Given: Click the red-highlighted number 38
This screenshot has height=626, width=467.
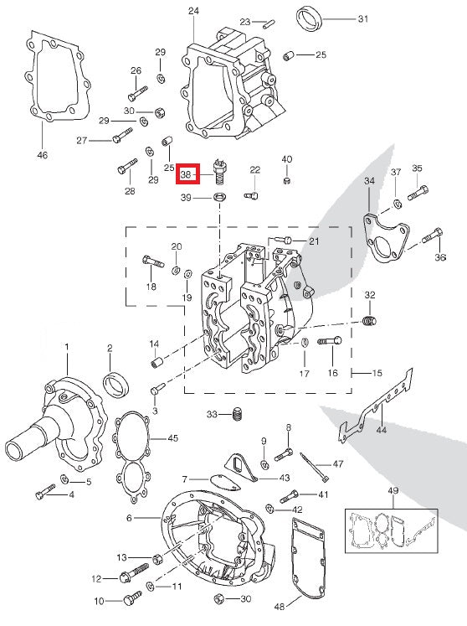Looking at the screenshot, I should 187,175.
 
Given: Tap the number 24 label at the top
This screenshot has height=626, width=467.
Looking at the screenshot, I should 193,11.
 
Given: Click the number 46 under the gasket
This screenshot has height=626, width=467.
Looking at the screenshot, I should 43,155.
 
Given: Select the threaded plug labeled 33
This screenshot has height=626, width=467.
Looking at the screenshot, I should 239,414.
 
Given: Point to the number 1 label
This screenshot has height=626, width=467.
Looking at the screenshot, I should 67,346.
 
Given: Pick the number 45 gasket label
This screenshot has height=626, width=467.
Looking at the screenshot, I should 173,437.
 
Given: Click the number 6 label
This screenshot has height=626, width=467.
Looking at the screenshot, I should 130,518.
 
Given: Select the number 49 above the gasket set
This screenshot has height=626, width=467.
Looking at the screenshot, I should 393,489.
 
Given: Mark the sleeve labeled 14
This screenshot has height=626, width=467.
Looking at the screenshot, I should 156,363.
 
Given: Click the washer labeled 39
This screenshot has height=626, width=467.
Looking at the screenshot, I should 219,197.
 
